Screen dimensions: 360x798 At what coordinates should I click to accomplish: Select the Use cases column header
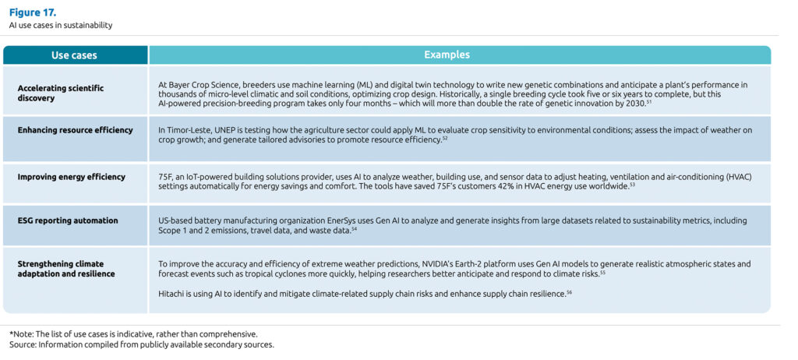[x=75, y=55]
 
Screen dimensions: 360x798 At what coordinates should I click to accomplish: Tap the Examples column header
[x=447, y=55]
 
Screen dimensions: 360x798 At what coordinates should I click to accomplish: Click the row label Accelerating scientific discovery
[x=60, y=94]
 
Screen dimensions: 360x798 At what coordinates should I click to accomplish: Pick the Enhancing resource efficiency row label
[x=75, y=130]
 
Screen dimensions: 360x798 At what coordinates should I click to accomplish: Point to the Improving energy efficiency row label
[x=71, y=177]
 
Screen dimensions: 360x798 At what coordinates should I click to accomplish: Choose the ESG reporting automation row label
[x=68, y=221]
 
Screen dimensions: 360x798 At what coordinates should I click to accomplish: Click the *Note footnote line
[x=132, y=334]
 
